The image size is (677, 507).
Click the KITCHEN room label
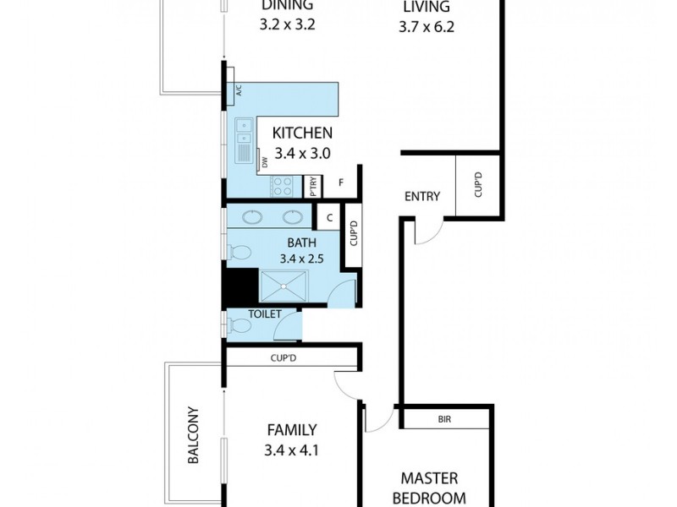[302, 133]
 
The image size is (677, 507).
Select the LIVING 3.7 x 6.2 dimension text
[427, 27]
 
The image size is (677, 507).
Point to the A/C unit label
[239, 92]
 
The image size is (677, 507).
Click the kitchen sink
[244, 131]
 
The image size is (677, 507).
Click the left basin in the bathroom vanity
[253, 216]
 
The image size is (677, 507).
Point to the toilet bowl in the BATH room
[239, 252]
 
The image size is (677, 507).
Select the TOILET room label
[264, 313]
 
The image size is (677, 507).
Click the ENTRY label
[421, 197]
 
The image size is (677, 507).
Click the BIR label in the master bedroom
[445, 418]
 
